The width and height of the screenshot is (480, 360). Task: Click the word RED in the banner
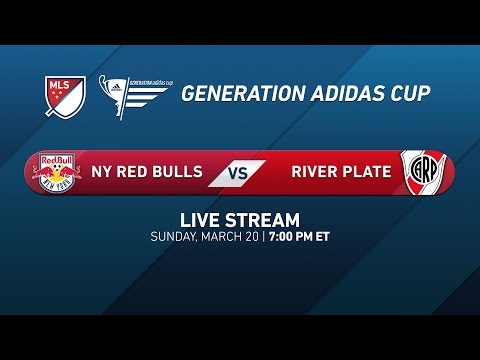point(137,171)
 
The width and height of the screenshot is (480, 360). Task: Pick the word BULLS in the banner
point(182,171)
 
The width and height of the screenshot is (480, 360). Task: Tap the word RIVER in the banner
point(313,171)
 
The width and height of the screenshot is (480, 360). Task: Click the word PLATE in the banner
point(365,171)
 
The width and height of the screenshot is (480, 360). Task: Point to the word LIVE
point(200,220)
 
